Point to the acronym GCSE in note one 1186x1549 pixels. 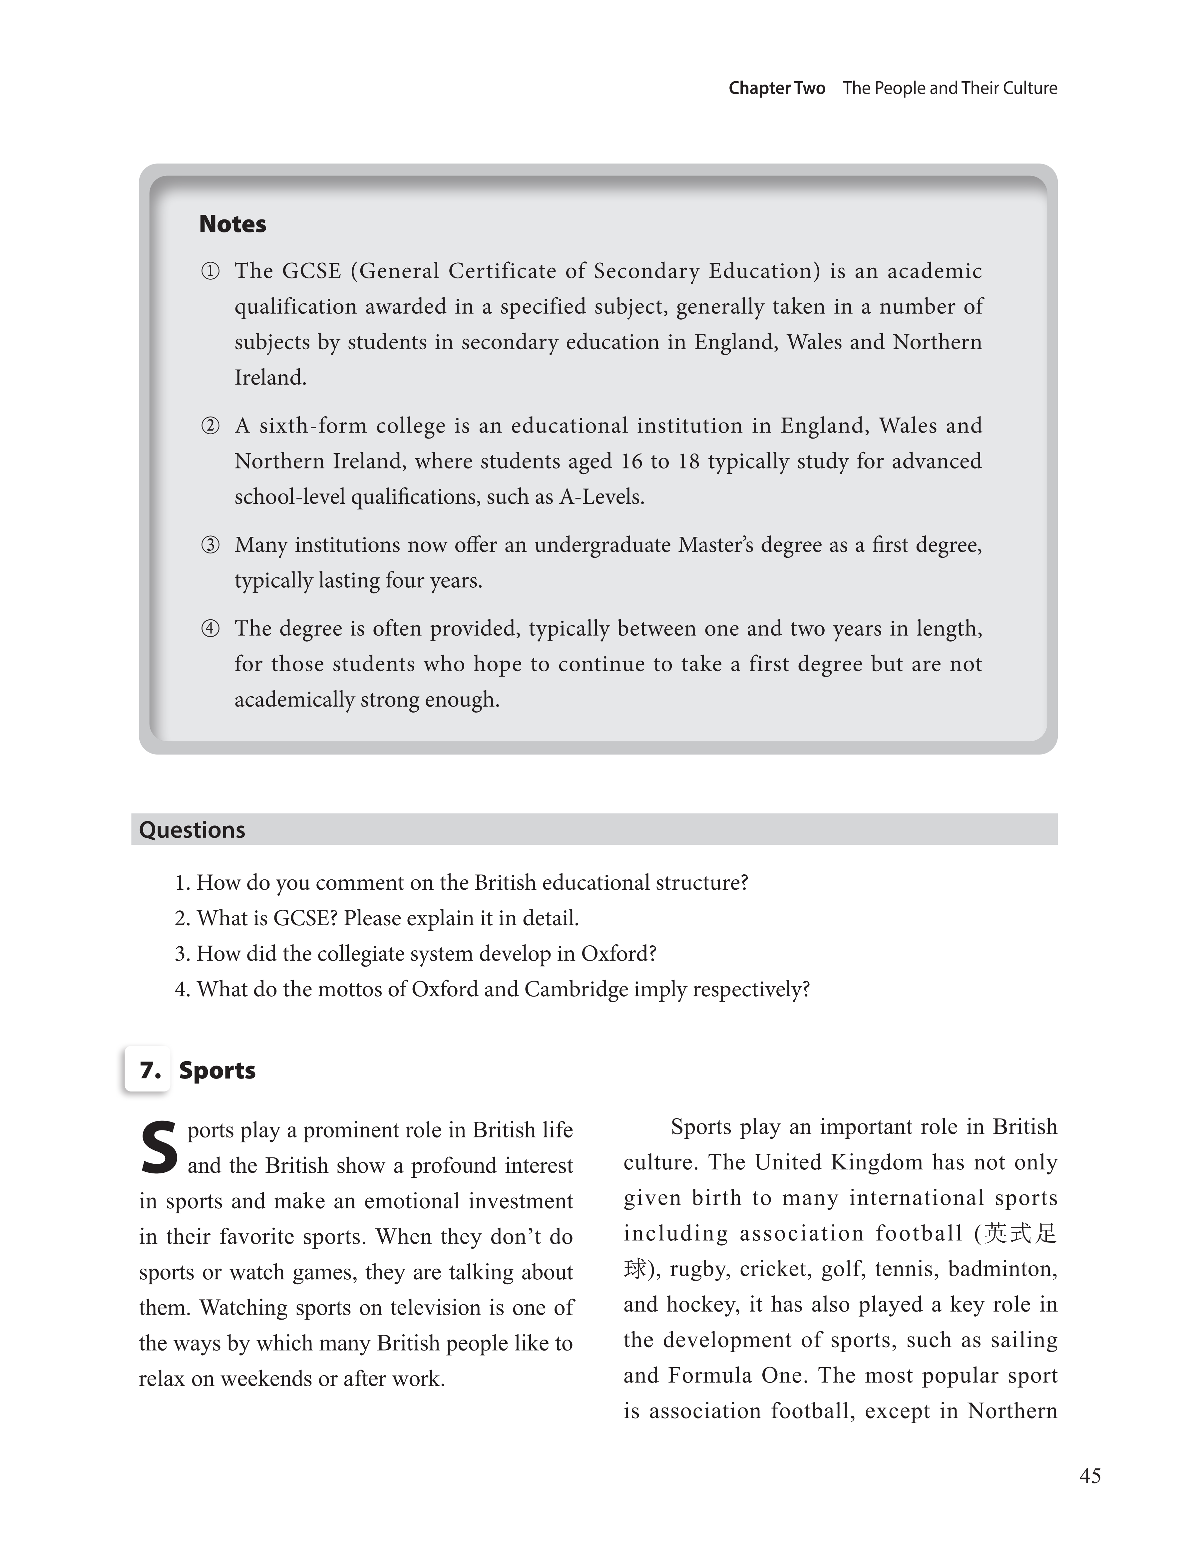pyautogui.click(x=311, y=271)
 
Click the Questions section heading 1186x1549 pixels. pyautogui.click(x=192, y=830)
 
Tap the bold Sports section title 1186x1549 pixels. pyautogui.click(x=217, y=1071)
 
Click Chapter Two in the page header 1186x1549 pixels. pyautogui.click(x=777, y=88)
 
